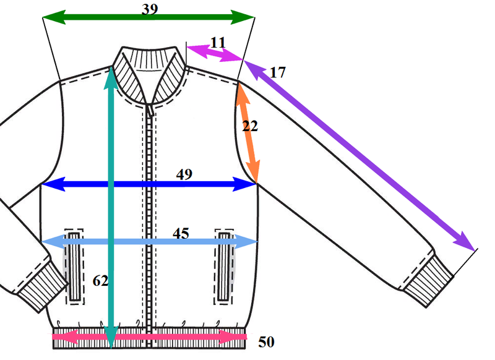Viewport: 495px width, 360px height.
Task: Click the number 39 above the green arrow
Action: pyautogui.click(x=150, y=9)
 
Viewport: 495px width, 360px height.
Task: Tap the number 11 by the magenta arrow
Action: pyautogui.click(x=218, y=42)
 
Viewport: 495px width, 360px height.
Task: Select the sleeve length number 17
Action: pyautogui.click(x=278, y=72)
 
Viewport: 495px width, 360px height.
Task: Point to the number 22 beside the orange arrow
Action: pyautogui.click(x=250, y=126)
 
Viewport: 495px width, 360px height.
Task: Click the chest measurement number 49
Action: pyautogui.click(x=184, y=174)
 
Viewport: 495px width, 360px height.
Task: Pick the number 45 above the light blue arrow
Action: pyautogui.click(x=181, y=233)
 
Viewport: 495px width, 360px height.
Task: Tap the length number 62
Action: pyautogui.click(x=100, y=280)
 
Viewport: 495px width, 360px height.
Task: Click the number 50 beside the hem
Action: pyautogui.click(x=266, y=342)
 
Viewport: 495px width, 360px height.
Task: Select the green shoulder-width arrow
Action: pyautogui.click(x=148, y=17)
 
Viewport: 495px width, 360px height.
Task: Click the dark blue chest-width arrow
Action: pyautogui.click(x=148, y=184)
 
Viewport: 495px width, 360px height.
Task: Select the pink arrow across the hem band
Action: pyautogui.click(x=149, y=336)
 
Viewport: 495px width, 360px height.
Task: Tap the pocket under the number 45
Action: pyautogui.click(x=225, y=267)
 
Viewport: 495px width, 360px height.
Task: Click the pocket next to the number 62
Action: pyautogui.click(x=74, y=267)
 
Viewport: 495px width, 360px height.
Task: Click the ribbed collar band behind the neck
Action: pyautogui.click(x=150, y=58)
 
